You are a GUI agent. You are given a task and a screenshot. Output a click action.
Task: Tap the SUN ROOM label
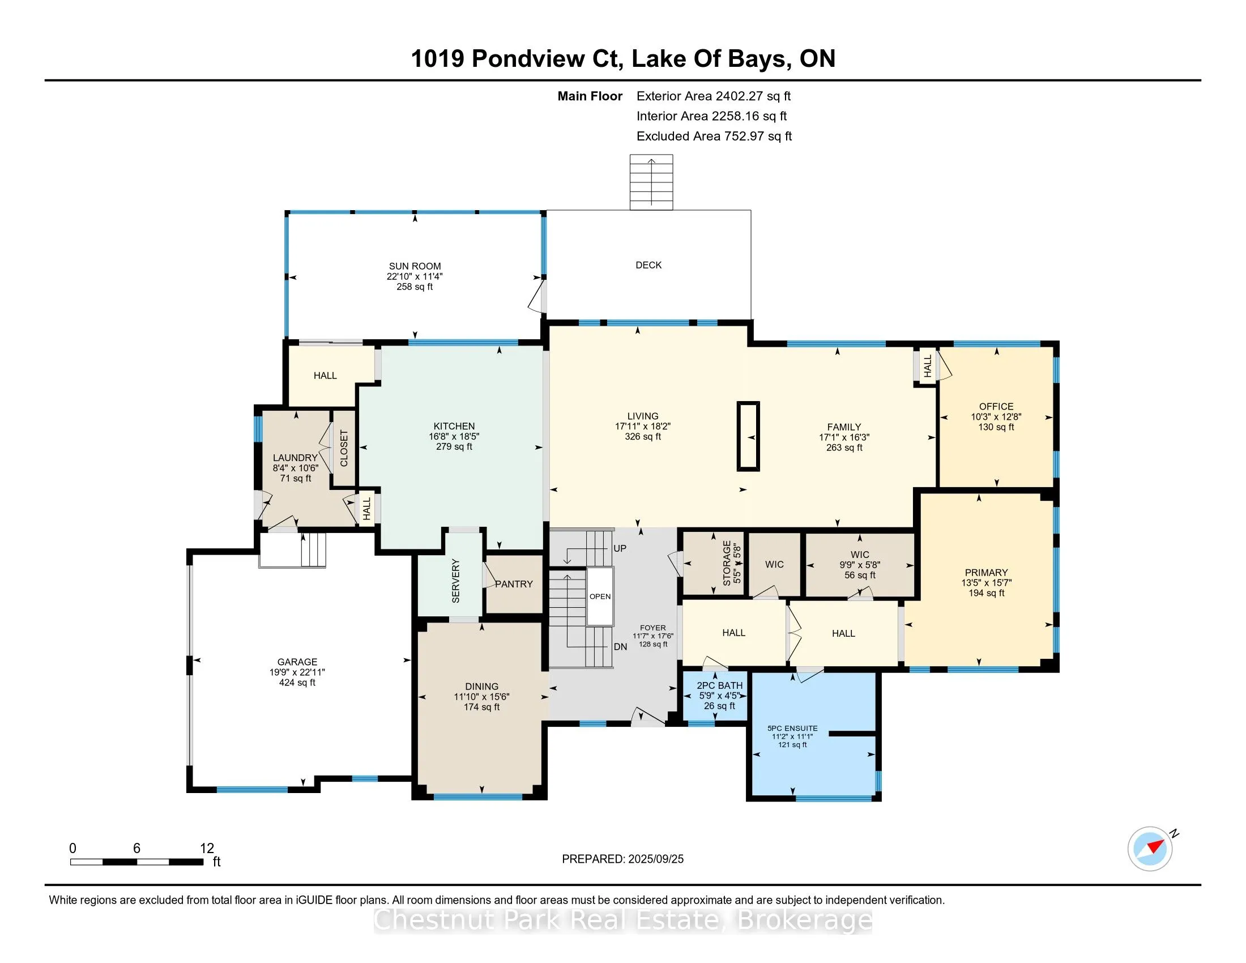[415, 266]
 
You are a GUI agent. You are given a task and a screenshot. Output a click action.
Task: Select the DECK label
[648, 265]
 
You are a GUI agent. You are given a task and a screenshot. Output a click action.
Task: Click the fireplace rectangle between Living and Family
[748, 436]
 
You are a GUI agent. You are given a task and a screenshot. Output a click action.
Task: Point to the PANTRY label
[514, 584]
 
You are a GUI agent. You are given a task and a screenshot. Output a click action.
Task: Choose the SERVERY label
[455, 581]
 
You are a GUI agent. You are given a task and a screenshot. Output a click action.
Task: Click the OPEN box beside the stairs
[600, 596]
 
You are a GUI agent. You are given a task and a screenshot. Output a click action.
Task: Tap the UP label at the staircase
[620, 548]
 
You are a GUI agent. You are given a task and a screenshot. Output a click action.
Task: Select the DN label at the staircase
[620, 647]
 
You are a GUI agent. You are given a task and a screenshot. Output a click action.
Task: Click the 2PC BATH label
[719, 686]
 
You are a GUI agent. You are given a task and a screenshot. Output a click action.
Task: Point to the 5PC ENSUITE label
[792, 728]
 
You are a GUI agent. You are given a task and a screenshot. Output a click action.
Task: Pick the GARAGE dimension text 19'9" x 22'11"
[297, 672]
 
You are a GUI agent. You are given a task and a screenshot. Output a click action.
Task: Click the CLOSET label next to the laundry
[344, 449]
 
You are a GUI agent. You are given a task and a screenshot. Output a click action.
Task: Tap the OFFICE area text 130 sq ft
[996, 427]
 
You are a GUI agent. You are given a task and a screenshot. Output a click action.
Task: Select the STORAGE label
[726, 564]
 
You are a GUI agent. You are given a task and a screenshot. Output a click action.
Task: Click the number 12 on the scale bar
[207, 849]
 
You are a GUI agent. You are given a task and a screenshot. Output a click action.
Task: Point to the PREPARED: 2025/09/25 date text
[622, 859]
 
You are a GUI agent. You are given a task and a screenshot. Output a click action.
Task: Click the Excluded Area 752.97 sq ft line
[714, 137]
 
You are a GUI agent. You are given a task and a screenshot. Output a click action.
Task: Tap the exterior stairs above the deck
[651, 182]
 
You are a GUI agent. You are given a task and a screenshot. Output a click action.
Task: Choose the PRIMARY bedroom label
[986, 573]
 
